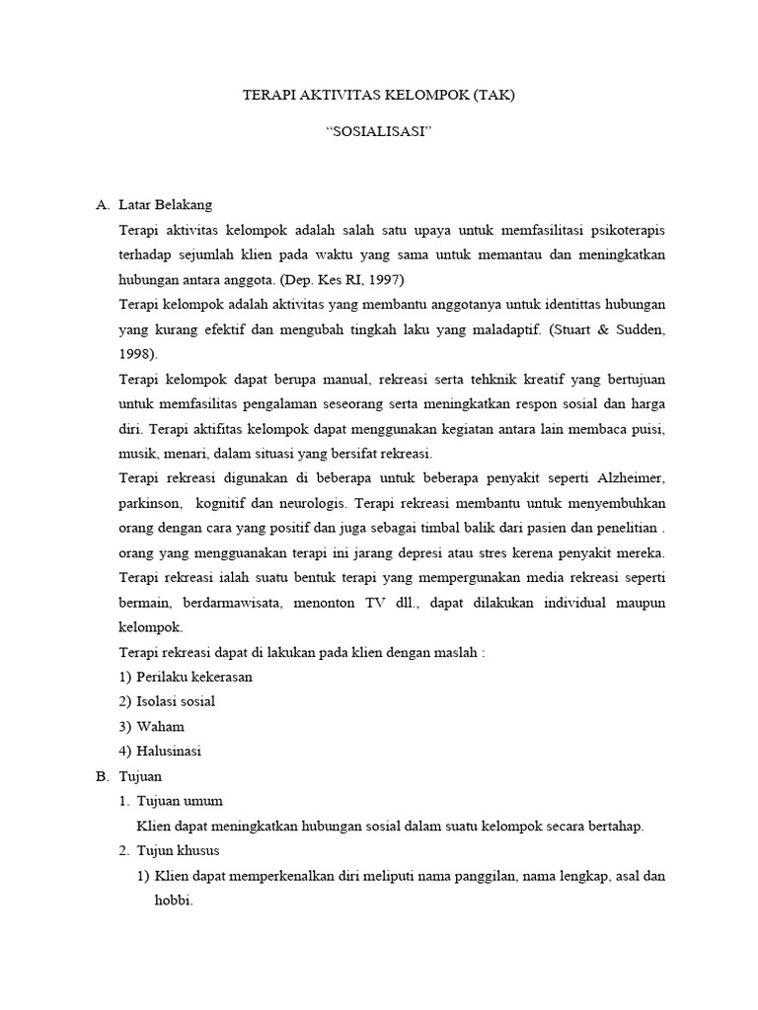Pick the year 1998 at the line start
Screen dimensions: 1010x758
135,352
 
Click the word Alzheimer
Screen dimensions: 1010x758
631,477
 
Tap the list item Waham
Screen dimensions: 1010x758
161,726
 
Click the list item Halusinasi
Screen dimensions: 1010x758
169,751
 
